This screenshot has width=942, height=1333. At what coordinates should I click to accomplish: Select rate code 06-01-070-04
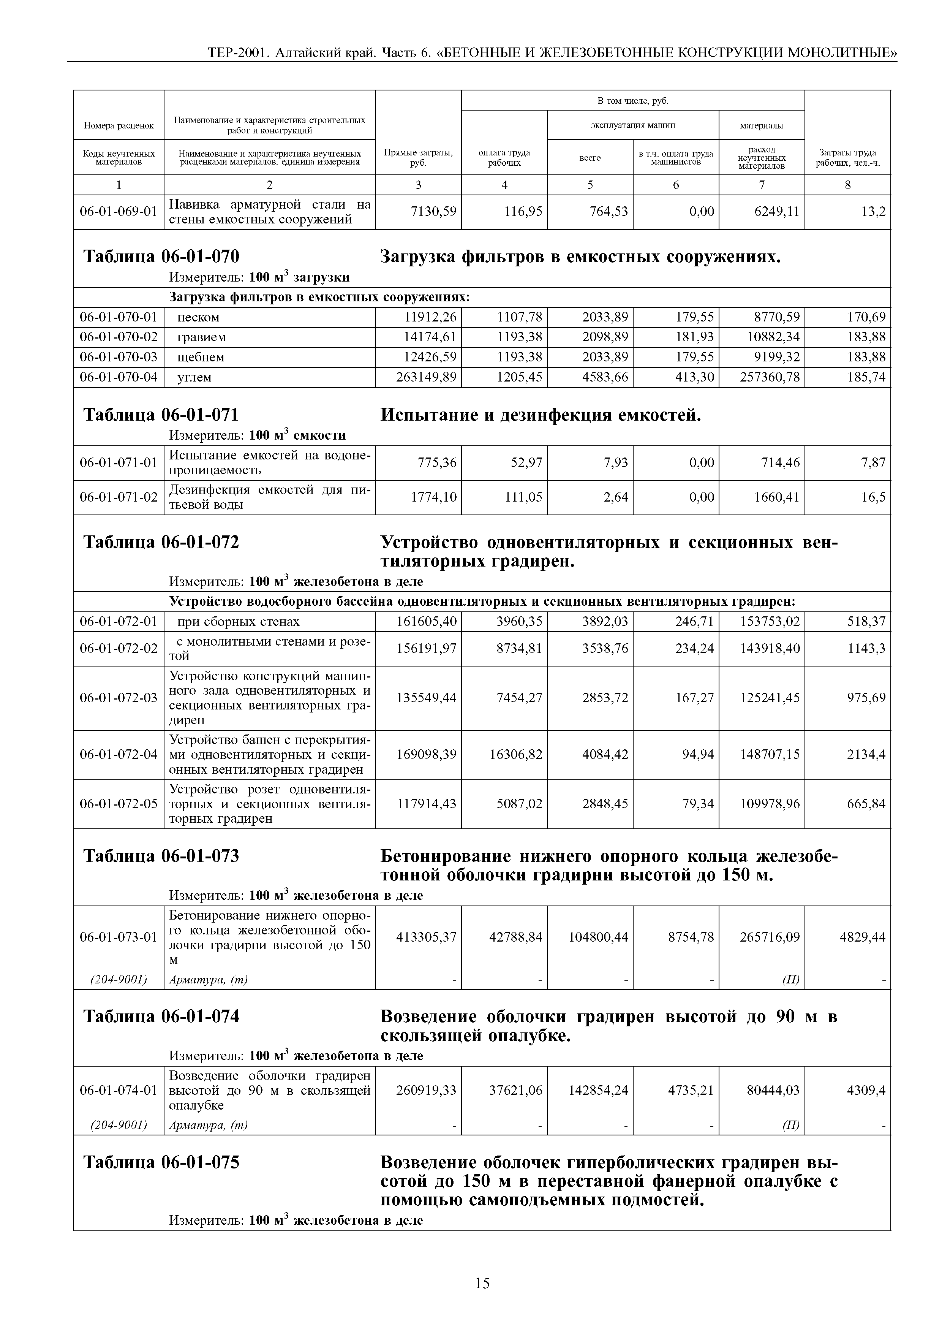[x=119, y=377]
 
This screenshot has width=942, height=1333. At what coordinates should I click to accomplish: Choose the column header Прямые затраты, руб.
[x=418, y=157]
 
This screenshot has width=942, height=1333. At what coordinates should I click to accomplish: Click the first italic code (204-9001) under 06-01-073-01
[x=119, y=980]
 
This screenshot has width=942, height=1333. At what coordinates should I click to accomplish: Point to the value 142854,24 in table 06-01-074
[x=598, y=1090]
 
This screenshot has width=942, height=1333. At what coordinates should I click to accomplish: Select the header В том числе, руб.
[x=633, y=101]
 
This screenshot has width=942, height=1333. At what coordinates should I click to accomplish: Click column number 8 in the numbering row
[x=847, y=185]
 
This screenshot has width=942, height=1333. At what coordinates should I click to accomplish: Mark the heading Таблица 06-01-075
[x=161, y=1162]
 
